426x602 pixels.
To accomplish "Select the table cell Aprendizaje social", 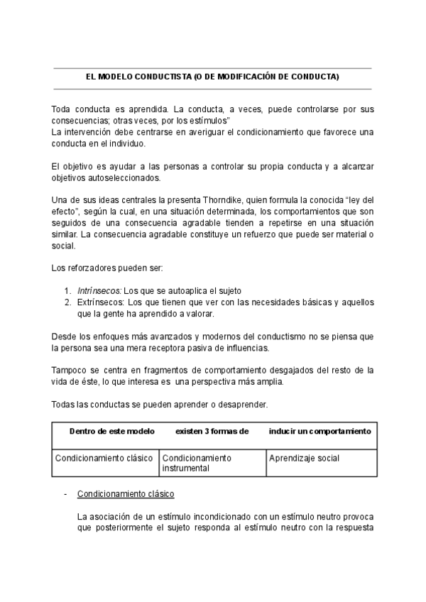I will tap(304, 458).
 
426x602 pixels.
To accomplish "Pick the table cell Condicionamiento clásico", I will tap(104, 458).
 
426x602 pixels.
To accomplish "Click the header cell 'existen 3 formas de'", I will tap(212, 431).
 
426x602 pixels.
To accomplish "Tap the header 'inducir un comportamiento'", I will tap(319, 431).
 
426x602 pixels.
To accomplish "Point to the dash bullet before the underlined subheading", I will tap(66, 493).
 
